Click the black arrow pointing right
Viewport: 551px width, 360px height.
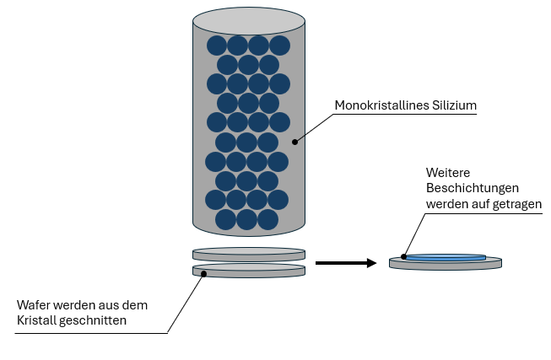pos(345,263)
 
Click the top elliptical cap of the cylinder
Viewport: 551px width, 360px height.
pos(249,19)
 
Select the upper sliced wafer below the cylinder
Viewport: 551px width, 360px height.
pos(249,252)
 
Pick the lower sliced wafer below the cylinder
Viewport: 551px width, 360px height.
pos(249,270)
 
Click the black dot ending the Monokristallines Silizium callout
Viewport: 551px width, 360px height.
pos(295,142)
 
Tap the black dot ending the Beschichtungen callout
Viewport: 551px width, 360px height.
pos(404,256)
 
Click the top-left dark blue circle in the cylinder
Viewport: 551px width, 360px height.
pos(217,46)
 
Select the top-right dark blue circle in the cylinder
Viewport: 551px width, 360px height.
pos(279,46)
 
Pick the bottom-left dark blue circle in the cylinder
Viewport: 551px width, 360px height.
pos(226,220)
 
